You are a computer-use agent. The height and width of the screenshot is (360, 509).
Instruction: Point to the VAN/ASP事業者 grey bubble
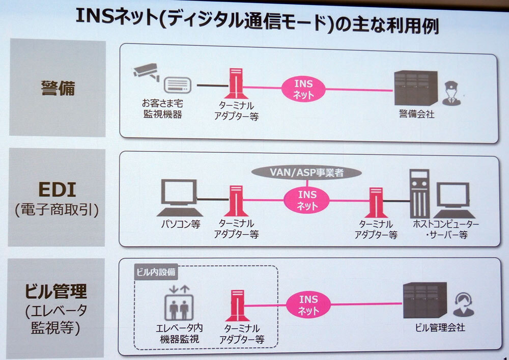pyautogui.click(x=305, y=173)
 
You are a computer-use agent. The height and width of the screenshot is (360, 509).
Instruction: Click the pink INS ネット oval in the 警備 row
pyautogui.click(x=304, y=89)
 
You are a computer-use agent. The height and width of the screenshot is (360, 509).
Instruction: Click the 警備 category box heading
pyautogui.click(x=58, y=88)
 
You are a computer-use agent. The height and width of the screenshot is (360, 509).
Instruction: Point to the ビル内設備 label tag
pyautogui.click(x=156, y=271)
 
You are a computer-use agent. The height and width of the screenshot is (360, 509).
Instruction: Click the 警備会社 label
pyautogui.click(x=416, y=115)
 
